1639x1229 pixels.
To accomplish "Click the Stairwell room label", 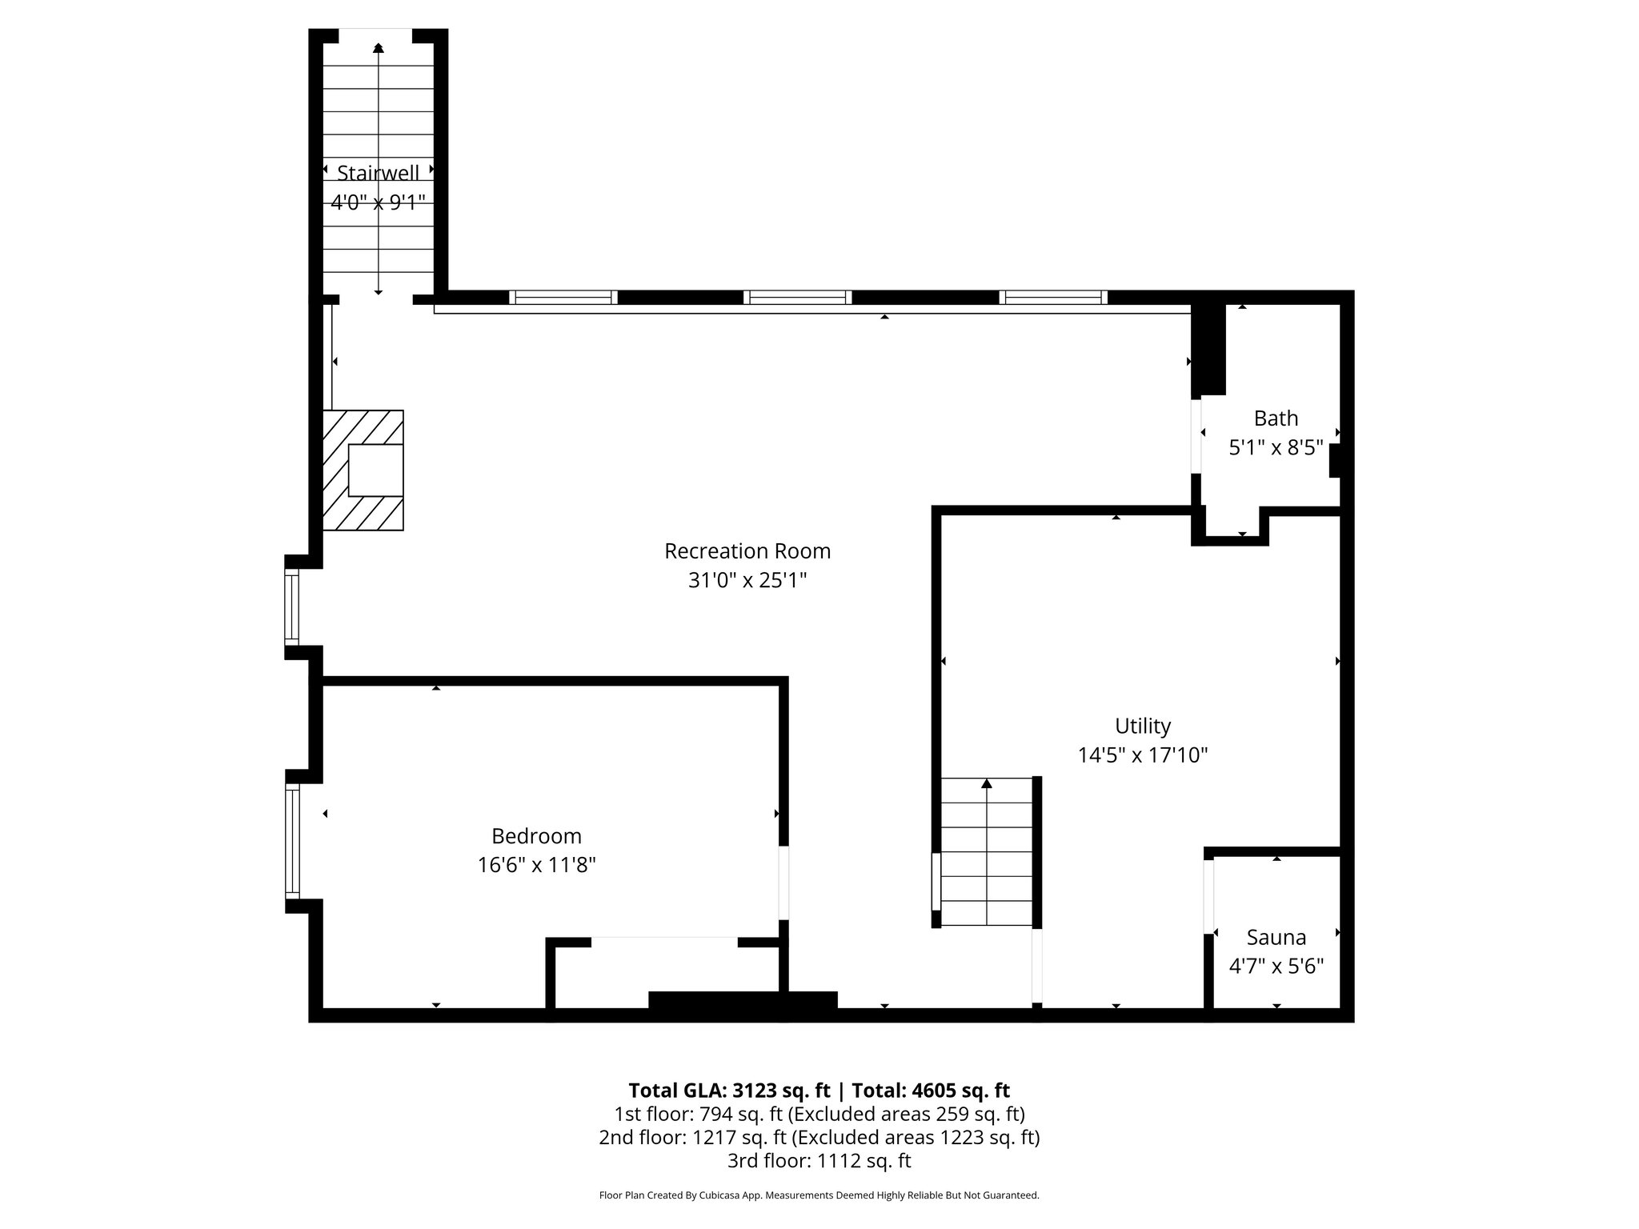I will coord(378,173).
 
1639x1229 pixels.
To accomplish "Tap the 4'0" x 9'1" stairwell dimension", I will coord(378,202).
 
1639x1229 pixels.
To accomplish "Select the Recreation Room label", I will coord(747,551).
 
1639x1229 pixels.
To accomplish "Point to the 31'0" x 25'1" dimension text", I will coord(747,580).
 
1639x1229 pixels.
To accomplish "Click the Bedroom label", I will coord(536,836).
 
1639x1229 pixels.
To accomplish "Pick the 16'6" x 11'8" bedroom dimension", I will coord(536,865).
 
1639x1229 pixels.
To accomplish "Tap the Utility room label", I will coord(1142,726).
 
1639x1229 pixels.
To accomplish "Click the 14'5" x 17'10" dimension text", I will coord(1142,755).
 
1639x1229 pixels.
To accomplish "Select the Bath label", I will coord(1276,418).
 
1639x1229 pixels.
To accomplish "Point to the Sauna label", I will coord(1276,937).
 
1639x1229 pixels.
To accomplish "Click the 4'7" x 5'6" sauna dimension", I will coord(1276,966).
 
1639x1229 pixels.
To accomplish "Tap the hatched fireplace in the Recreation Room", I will coord(363,470).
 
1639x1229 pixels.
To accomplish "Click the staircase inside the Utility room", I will coord(987,851).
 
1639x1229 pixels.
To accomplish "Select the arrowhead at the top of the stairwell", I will coord(378,48).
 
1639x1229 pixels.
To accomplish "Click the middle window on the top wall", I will coord(797,298).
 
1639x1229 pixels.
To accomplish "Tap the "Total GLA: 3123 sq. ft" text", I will coord(730,1091).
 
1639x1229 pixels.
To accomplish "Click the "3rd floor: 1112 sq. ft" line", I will coord(819,1160).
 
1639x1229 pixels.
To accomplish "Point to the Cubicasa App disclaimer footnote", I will coord(819,1195).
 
